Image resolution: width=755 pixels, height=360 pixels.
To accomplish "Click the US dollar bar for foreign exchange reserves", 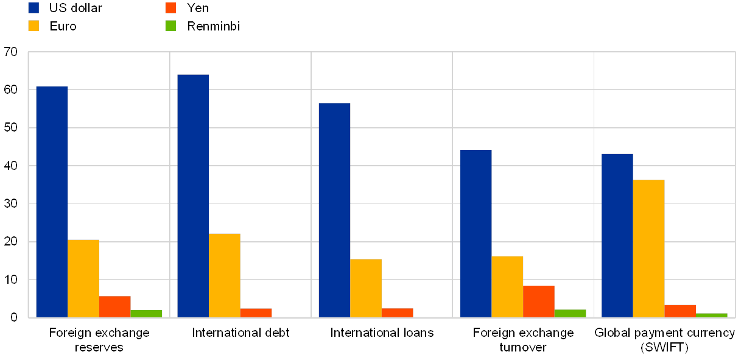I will (52, 201).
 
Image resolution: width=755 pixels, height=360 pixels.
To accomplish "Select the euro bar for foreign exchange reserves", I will (83, 278).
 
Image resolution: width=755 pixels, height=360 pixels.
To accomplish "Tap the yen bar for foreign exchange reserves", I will (115, 306).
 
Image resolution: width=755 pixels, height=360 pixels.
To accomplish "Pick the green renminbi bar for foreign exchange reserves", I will (147, 313).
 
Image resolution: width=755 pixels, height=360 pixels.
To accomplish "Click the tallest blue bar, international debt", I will (193, 196).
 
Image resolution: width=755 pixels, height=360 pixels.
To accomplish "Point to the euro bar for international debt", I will (225, 275).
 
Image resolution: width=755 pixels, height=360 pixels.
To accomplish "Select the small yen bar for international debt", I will (256, 312).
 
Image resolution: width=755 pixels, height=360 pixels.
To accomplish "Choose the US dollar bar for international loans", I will (334, 210).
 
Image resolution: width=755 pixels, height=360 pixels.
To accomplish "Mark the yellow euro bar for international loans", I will (366, 288).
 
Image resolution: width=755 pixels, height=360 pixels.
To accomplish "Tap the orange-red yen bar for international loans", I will (398, 312).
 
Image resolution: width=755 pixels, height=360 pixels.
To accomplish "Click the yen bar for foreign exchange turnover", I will (539, 301).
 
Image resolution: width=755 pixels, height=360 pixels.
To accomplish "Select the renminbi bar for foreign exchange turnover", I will (571, 313).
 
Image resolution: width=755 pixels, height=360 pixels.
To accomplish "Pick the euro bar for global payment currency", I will (648, 248).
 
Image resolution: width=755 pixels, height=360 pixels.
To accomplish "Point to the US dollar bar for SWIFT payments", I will (617, 235).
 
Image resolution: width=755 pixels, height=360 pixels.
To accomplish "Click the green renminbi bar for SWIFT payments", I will (712, 315).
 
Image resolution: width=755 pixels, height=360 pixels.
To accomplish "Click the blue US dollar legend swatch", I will (33, 8).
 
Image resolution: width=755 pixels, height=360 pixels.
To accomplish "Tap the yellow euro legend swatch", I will (33, 26).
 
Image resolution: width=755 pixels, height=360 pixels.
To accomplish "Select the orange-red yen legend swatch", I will (171, 8).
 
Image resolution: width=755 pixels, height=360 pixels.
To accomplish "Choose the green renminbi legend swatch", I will (171, 26).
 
